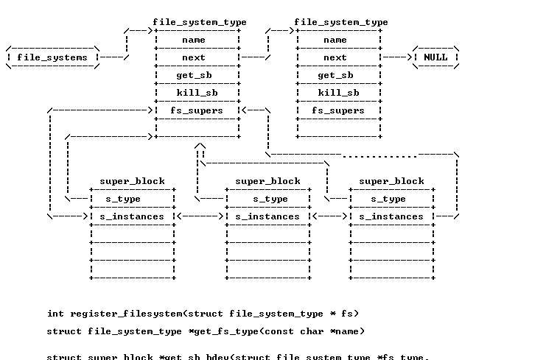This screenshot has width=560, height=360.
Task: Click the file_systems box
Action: (x=52, y=57)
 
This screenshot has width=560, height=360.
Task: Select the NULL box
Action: (x=435, y=57)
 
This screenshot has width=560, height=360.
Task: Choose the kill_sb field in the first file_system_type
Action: (x=197, y=93)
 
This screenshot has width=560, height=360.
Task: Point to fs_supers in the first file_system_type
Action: (x=197, y=110)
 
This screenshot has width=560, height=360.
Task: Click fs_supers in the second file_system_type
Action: (x=338, y=110)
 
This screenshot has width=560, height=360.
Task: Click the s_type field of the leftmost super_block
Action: (x=123, y=199)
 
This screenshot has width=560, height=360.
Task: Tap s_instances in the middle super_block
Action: (x=267, y=216)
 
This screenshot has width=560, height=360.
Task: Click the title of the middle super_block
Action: (x=267, y=181)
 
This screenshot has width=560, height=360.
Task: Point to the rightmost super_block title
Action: (x=391, y=181)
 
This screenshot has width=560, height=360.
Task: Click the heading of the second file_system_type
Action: (x=341, y=22)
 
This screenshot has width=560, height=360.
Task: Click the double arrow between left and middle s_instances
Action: (x=200, y=216)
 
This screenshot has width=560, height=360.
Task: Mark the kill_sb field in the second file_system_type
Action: (x=338, y=93)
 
